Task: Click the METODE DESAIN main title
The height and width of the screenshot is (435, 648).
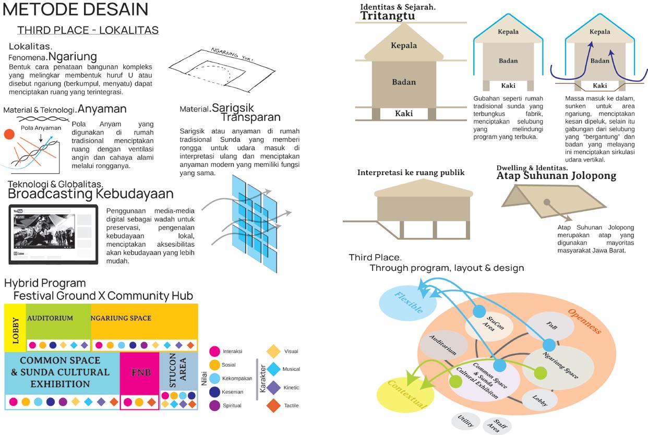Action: [76, 9]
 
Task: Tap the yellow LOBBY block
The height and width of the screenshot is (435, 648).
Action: [15, 328]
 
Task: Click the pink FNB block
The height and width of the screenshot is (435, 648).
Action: [139, 373]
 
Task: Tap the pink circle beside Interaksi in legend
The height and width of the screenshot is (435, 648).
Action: [214, 352]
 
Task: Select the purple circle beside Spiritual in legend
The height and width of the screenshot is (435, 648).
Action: [214, 406]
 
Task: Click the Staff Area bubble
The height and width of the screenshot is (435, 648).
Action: [497, 426]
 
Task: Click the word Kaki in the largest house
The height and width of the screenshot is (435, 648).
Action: [404, 113]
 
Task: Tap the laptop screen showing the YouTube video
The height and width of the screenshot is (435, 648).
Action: [53, 233]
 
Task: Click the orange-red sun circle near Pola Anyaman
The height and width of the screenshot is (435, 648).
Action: [9, 135]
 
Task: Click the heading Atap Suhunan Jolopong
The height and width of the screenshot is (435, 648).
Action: [556, 176]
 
